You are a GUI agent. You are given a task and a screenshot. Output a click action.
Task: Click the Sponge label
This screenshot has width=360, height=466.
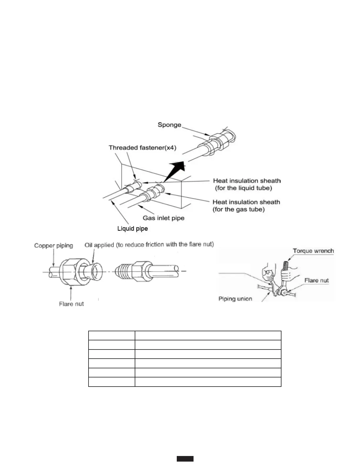pyautogui.click(x=169, y=125)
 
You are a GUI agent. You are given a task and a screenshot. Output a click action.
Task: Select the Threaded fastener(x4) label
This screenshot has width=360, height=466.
pyautogui.click(x=142, y=148)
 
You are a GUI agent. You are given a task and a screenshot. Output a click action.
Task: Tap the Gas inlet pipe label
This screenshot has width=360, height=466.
pyautogui.click(x=164, y=218)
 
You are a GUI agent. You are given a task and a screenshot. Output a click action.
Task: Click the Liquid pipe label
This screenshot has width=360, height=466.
pyautogui.click(x=132, y=229)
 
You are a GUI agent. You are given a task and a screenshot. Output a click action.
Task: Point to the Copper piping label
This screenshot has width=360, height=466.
pyautogui.click(x=54, y=246)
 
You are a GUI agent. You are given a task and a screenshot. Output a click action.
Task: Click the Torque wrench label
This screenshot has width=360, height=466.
pyautogui.click(x=313, y=251)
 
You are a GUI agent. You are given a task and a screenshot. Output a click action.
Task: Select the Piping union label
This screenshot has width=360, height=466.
pyautogui.click(x=235, y=299)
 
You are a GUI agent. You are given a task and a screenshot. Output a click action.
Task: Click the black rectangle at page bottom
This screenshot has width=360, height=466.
pyautogui.click(x=185, y=459)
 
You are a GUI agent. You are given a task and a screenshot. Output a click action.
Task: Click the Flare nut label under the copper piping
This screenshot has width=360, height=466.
pyautogui.click(x=71, y=304)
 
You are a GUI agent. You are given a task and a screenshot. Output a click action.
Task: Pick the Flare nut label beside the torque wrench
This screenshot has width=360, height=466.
pyautogui.click(x=316, y=280)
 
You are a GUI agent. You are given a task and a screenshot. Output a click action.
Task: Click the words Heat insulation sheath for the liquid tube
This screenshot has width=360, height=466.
pyautogui.click(x=247, y=184)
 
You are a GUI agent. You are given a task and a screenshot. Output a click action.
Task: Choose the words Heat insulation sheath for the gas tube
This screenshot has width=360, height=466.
pyautogui.click(x=246, y=206)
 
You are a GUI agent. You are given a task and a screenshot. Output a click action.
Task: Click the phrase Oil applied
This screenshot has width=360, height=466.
pyautogui.click(x=99, y=245)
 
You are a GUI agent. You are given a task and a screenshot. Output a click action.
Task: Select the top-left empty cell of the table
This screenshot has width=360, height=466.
pyautogui.click(x=111, y=336)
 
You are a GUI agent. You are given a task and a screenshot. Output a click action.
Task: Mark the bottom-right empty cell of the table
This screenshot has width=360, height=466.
pyautogui.click(x=208, y=382)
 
